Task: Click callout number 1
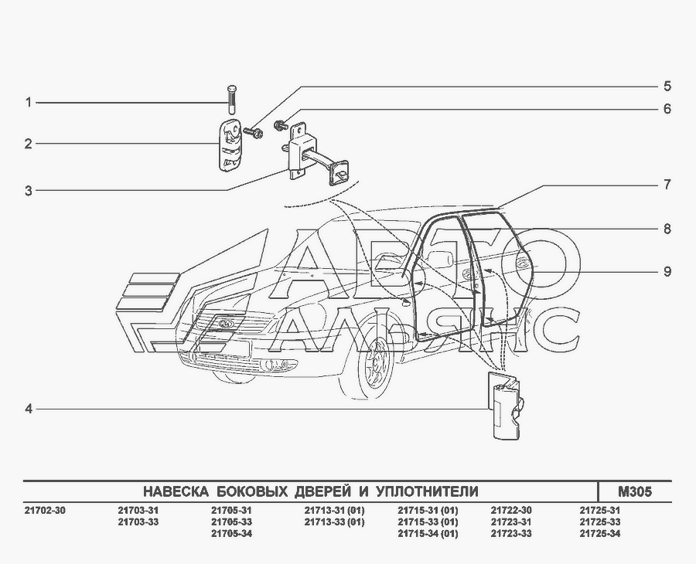pyautogui.click(x=29, y=103)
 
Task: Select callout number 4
pyautogui.click(x=29, y=409)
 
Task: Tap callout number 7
pyautogui.click(x=667, y=185)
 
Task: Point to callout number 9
pyautogui.click(x=667, y=271)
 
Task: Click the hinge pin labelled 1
pyautogui.click(x=232, y=99)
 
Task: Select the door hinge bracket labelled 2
pyautogui.click(x=230, y=144)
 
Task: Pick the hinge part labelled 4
pyautogui.click(x=505, y=406)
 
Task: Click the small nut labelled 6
pyautogui.click(x=281, y=125)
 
